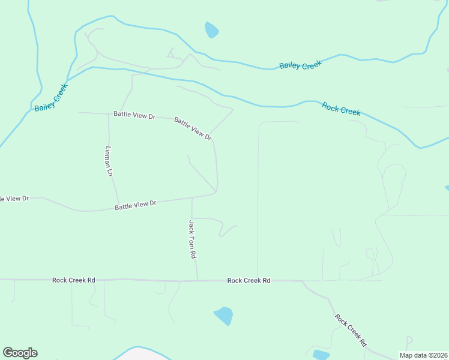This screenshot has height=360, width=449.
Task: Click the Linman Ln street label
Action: (x=109, y=161)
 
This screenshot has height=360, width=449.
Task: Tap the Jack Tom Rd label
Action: (x=192, y=239)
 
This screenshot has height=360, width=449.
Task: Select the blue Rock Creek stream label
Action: (x=341, y=109)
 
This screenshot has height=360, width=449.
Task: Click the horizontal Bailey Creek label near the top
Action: (x=301, y=65)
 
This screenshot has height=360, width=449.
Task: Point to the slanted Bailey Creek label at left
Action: (x=51, y=97)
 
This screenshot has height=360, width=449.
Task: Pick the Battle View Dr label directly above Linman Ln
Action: (x=134, y=114)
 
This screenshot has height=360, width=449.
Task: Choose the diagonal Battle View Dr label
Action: (x=193, y=128)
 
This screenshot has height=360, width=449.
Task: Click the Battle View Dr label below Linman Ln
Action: (x=135, y=205)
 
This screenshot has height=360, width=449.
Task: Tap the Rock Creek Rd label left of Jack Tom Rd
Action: (x=73, y=280)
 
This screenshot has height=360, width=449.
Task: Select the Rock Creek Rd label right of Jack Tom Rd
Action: (x=249, y=280)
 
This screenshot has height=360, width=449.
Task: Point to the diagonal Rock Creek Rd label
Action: (x=351, y=331)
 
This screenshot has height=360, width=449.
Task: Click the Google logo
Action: (x=20, y=353)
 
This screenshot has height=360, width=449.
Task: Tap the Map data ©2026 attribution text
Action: (x=423, y=355)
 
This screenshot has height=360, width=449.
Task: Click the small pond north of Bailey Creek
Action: (x=211, y=29)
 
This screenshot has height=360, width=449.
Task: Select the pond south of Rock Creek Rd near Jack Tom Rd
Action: (x=223, y=315)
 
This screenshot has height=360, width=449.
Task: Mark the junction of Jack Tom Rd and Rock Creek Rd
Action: (x=197, y=280)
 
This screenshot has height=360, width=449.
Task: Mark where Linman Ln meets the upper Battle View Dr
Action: (x=108, y=113)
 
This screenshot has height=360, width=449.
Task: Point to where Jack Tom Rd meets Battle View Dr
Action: (x=191, y=198)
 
